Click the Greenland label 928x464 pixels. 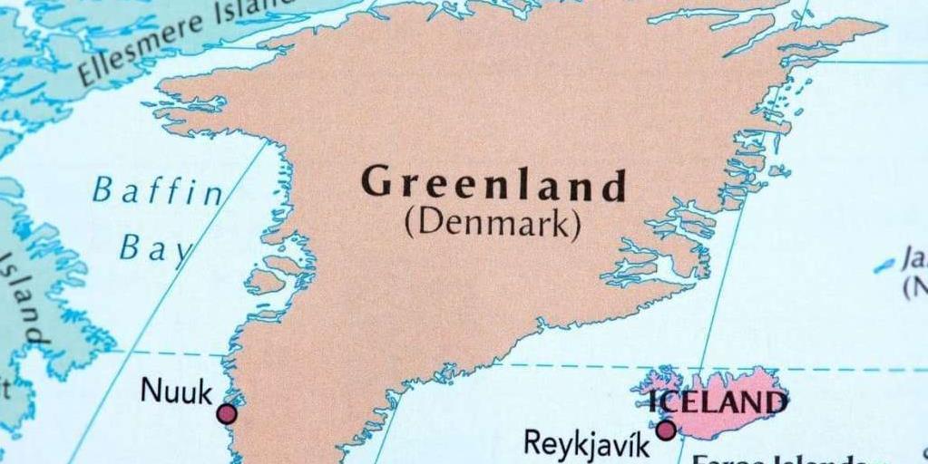click(493, 184)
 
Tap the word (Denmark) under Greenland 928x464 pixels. click(493, 223)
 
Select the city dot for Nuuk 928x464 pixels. click(227, 414)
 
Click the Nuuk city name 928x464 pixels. click(176, 392)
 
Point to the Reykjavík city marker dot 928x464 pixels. click(666, 430)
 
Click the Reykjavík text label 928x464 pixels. click(587, 444)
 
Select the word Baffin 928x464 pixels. click(157, 192)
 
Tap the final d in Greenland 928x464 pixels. click(614, 187)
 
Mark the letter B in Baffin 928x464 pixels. click(103, 190)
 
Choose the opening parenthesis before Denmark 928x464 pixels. click(409, 223)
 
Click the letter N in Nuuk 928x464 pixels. click(151, 391)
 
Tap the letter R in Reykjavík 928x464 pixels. click(533, 443)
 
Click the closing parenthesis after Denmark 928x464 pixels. click(576, 225)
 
